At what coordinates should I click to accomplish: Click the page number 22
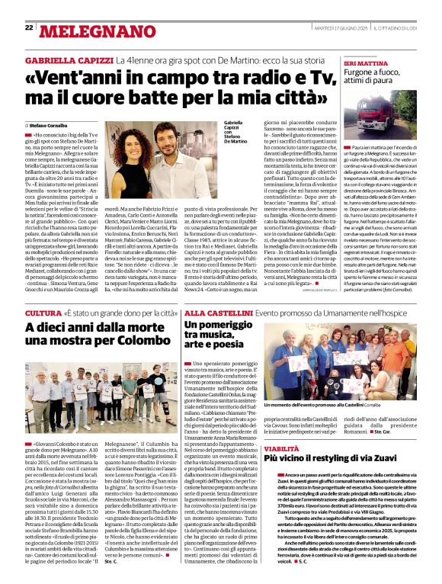(28, 28)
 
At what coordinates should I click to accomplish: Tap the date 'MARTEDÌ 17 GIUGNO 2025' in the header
(340, 28)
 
